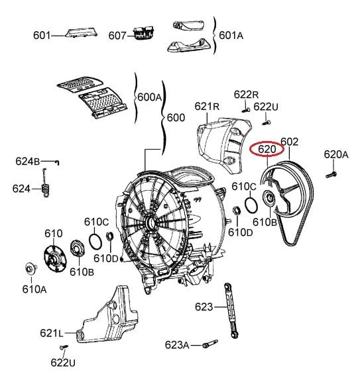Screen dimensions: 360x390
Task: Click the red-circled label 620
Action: tap(267, 149)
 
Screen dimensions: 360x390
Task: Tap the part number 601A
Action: tap(231, 35)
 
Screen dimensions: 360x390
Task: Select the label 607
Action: tap(117, 36)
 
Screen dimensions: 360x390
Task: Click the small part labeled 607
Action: tap(144, 33)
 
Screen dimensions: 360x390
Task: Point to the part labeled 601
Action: tap(81, 33)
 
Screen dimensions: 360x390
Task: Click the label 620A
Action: tap(336, 154)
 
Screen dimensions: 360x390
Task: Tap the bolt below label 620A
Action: tap(331, 174)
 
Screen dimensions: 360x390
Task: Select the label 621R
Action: tap(207, 107)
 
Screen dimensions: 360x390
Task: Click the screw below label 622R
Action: tap(246, 109)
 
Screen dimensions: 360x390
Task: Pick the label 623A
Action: tap(177, 345)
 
